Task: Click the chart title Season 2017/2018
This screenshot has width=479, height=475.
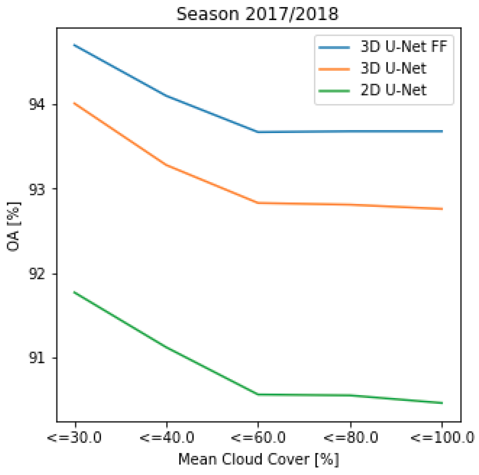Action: [257, 14]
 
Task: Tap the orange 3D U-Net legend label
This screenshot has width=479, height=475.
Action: [393, 69]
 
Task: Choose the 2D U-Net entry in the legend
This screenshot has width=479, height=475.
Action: [393, 90]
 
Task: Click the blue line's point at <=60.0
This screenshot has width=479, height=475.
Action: [258, 132]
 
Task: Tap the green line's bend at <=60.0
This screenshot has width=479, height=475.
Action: [258, 394]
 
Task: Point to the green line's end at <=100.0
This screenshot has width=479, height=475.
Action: [442, 403]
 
